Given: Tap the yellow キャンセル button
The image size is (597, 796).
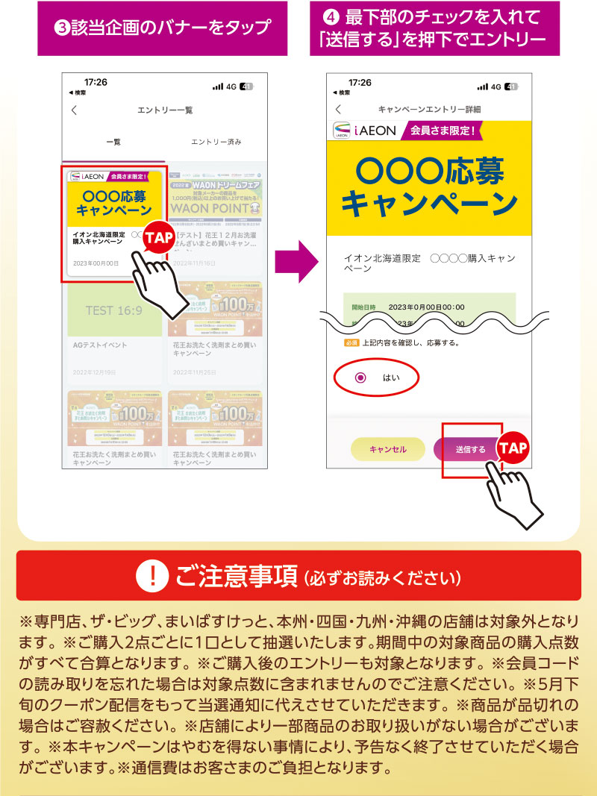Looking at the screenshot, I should coord(388,449).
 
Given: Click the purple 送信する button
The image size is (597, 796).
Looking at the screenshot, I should coord(471,449).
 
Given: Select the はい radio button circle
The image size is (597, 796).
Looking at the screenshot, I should coord(361,377).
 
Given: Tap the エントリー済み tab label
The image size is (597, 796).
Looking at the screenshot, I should coord(216,142).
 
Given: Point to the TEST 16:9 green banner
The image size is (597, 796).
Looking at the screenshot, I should coord(114,310).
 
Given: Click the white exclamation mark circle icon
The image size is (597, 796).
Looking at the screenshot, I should coord(154,576).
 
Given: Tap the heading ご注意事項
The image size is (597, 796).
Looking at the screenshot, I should coord(235,576).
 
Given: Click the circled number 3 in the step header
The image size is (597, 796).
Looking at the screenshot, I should coord(63,29).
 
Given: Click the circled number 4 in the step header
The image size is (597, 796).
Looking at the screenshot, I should coord(335,16).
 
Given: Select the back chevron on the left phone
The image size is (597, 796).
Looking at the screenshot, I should coord(74,110).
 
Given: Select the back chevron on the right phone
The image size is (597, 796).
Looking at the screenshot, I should coord(338,109).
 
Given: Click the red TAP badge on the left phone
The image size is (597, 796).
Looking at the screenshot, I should coord(157,237).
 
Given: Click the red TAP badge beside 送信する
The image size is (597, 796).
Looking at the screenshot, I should coord(513,448).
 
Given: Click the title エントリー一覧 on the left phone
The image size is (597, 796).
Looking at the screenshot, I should coord(165,110).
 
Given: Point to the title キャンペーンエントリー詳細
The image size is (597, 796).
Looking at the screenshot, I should coord(429,109).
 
